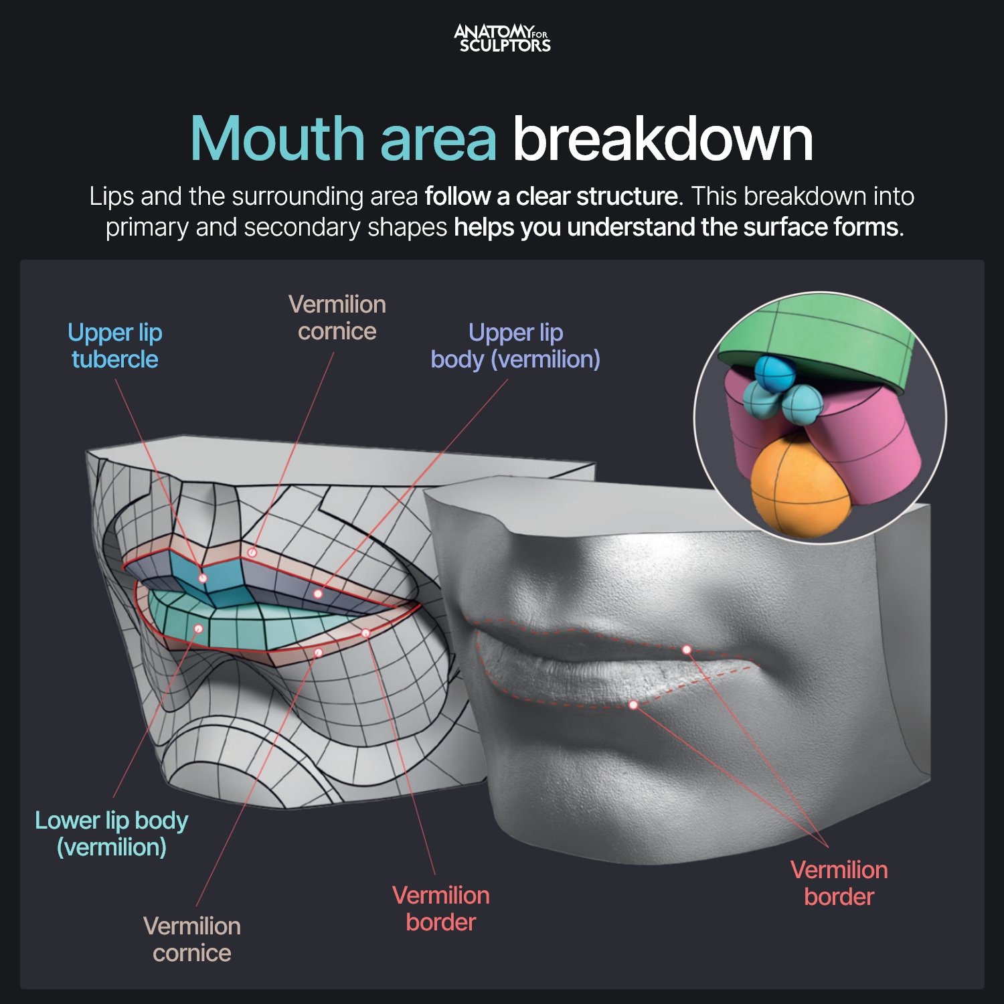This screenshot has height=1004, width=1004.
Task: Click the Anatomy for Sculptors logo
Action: coord(502,38)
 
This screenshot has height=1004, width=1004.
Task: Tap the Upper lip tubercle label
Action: coord(115,346)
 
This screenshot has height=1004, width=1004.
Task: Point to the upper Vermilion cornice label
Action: coord(337,318)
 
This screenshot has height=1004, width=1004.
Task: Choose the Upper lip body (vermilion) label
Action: coord(515,346)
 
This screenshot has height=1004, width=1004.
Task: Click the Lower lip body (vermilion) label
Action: coord(112,834)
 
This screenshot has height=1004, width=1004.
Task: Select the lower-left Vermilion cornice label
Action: coord(192,940)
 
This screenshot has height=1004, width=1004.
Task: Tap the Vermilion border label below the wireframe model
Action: coord(441,909)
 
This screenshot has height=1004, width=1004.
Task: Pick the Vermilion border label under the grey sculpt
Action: coord(839,884)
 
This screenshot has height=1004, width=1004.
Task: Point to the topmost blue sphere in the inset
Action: coord(774,373)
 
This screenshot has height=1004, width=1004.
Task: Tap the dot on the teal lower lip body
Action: coord(199,629)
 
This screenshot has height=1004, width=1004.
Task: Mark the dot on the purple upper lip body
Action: coord(318,594)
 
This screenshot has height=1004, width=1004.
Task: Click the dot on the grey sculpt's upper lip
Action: coord(687,650)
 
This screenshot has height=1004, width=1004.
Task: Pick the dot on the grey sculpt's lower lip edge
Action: coord(633,705)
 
